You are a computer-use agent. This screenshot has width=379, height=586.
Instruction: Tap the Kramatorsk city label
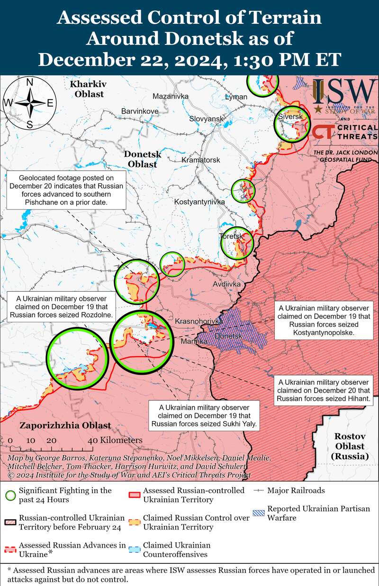point(201,160)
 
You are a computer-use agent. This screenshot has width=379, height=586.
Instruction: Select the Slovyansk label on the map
point(206,118)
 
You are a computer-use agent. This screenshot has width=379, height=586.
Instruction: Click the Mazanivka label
point(171,97)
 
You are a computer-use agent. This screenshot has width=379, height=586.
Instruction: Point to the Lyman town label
point(236,97)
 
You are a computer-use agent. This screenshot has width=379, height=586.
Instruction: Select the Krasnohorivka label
point(199,322)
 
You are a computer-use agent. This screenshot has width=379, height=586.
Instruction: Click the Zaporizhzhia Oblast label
point(65,425)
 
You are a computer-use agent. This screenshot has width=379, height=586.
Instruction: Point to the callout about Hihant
point(324,390)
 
